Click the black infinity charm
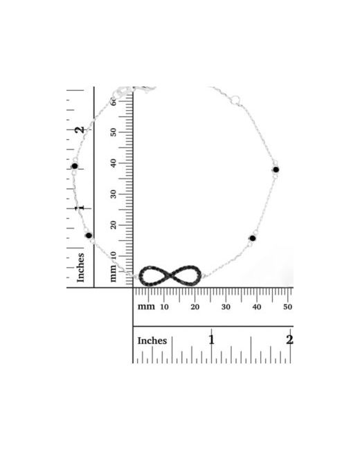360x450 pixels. pyautogui.click(x=170, y=276)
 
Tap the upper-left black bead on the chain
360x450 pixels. pyautogui.click(x=75, y=166)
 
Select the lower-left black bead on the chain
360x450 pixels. pyautogui.click(x=89, y=235)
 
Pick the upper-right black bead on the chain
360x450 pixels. pyautogui.click(x=276, y=170)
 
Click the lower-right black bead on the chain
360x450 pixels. pyautogui.click(x=253, y=238)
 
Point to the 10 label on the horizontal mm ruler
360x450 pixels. pyautogui.click(x=164, y=307)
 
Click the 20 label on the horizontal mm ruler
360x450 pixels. pyautogui.click(x=195, y=307)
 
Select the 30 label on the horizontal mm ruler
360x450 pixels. pyautogui.click(x=226, y=307)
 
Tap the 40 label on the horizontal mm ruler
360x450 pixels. pyautogui.click(x=257, y=307)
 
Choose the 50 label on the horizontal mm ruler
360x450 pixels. pyautogui.click(x=288, y=307)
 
